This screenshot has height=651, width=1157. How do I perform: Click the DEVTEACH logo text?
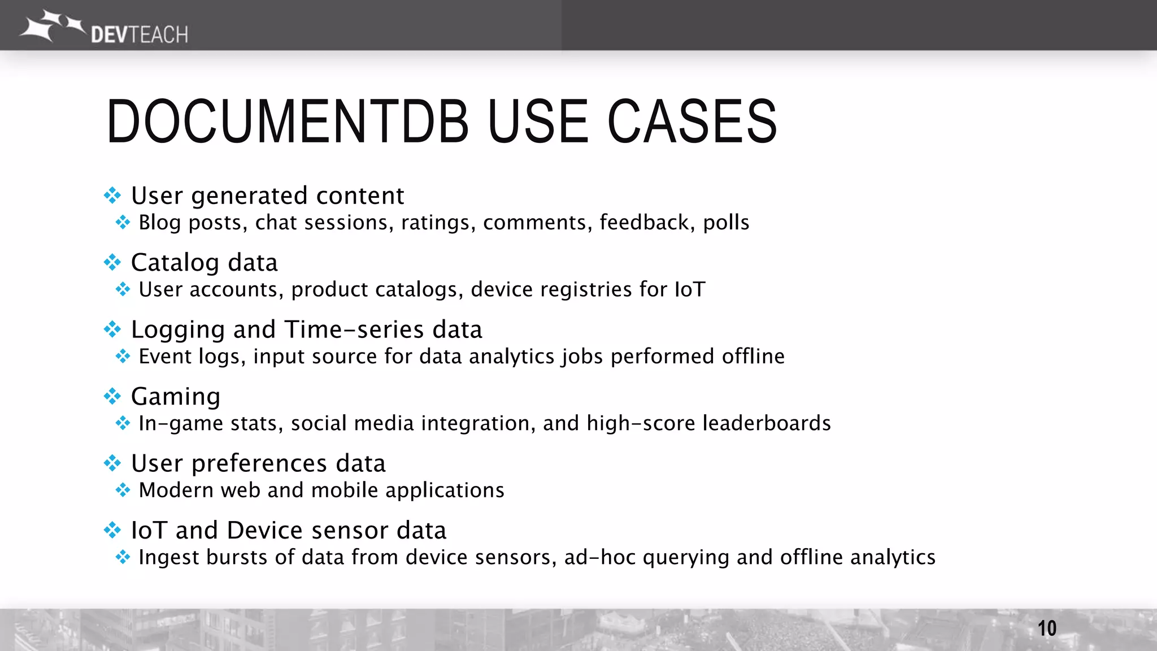[139, 35]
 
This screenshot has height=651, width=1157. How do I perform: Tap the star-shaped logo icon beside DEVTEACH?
[51, 25]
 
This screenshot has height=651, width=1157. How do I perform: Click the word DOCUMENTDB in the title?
[288, 121]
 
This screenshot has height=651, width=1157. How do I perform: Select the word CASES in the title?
[692, 121]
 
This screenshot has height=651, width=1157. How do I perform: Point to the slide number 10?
[1046, 628]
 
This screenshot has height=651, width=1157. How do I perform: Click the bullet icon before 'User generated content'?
[112, 196]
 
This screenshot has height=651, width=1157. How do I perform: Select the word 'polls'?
[726, 223]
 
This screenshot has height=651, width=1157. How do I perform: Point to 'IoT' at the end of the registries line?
[690, 289]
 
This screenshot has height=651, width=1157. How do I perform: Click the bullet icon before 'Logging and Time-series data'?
[112, 329]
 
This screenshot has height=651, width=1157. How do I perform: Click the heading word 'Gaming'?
[176, 397]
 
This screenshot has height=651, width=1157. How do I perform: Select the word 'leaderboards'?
[767, 423]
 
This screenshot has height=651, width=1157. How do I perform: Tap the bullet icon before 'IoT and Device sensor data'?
[112, 530]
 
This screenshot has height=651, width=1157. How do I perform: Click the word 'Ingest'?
[168, 558]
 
